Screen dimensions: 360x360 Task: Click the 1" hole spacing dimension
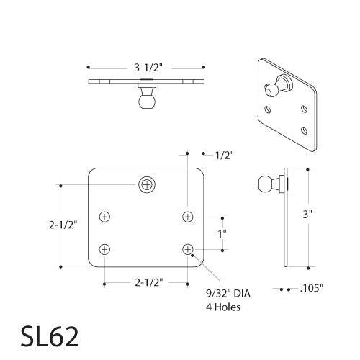[222, 233]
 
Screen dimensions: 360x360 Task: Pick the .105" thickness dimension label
[310, 289]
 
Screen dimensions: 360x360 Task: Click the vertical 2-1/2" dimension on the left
[63, 225]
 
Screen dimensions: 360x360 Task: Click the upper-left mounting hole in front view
[106, 216]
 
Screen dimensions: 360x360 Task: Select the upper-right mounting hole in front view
[188, 216]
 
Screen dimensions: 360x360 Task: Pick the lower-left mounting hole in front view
[106, 249]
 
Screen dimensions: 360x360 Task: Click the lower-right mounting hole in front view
[188, 249]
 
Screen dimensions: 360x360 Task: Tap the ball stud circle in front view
[147, 184]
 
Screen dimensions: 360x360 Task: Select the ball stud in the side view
[266, 186]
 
